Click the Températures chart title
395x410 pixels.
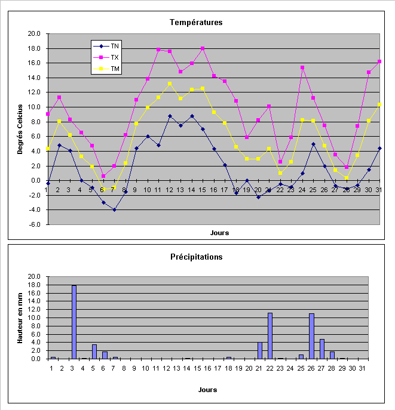[x=196, y=23]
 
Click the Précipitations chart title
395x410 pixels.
[x=196, y=257]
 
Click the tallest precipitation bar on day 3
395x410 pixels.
[x=74, y=322]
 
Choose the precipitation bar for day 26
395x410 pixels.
[x=311, y=336]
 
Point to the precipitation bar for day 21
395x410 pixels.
[x=260, y=350]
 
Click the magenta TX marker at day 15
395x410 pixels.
[x=203, y=48]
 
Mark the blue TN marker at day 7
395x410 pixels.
[x=114, y=209]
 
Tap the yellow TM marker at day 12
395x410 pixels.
[x=170, y=84]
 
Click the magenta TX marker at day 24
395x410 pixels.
[x=302, y=67]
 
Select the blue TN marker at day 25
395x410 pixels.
[x=313, y=144]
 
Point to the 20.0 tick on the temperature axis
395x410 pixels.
[x=34, y=34]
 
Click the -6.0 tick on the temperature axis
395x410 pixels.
[x=34, y=224]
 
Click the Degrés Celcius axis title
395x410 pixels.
[x=20, y=129]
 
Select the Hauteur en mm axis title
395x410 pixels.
[x=20, y=317]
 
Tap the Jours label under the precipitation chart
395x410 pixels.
[x=207, y=390]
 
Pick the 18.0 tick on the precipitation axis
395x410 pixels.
[x=34, y=285]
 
